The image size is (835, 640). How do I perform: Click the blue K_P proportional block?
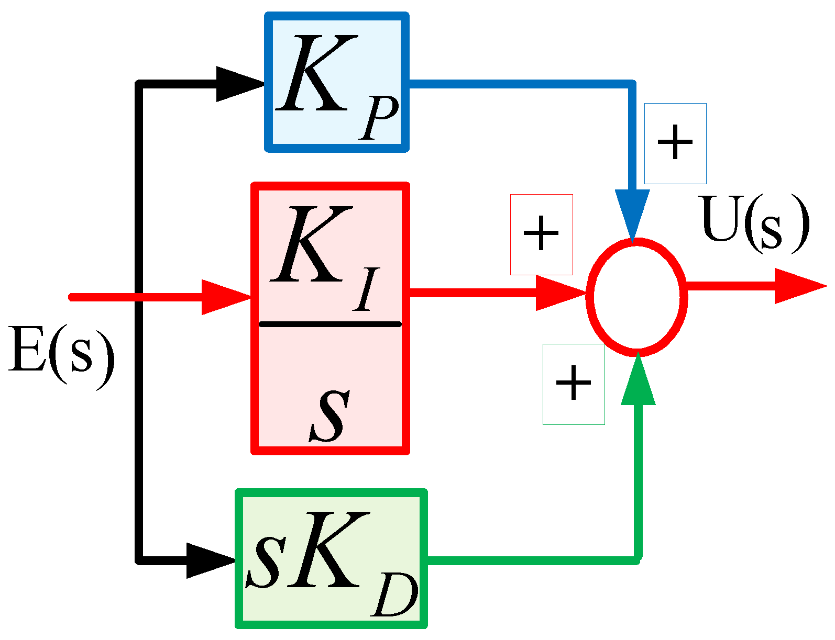pos(337,82)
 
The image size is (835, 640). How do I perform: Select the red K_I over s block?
pos(330,318)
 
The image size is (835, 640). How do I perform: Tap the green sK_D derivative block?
pos(332,558)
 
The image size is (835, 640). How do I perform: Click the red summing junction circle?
pos(636,297)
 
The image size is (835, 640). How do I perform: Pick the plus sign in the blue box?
pos(675,143)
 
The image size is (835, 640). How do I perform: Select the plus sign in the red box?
pos(541,233)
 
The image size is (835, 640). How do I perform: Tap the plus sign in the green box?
pos(574,383)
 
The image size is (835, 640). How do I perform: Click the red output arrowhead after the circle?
pos(798,286)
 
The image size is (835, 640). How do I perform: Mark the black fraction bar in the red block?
pos(330,324)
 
